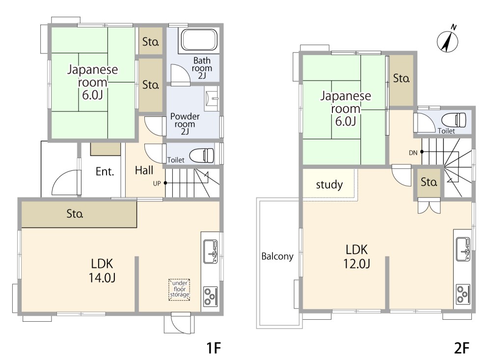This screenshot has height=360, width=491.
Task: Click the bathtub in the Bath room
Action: pyautogui.click(x=199, y=40)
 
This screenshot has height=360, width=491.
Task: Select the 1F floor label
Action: pyautogui.click(x=214, y=348)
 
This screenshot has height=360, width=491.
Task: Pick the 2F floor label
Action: pyautogui.click(x=462, y=348)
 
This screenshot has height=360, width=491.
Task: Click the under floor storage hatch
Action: pyautogui.click(x=179, y=289)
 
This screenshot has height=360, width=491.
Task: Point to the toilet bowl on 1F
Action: pyautogui.click(x=202, y=155)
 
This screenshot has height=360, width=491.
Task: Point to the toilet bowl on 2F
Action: pyautogui.click(x=454, y=120)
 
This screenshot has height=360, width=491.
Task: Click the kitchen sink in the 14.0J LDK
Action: pyautogui.click(x=211, y=251)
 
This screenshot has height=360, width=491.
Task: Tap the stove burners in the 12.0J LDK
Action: pyautogui.click(x=463, y=294)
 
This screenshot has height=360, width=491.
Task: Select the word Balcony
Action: pyautogui.click(x=277, y=256)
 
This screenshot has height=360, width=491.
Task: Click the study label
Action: pyautogui.click(x=329, y=185)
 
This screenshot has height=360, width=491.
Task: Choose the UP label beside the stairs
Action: pyautogui.click(x=157, y=184)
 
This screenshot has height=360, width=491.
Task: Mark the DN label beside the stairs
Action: pyautogui.click(x=413, y=153)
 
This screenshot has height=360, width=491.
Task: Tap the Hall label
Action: pyautogui.click(x=144, y=170)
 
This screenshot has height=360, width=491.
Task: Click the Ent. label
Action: pyautogui.click(x=105, y=172)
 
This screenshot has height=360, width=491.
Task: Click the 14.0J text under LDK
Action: pyautogui.click(x=103, y=277)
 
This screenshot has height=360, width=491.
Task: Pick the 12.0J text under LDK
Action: pyautogui.click(x=356, y=264)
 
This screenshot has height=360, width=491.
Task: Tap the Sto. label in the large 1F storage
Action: pyautogui.click(x=75, y=214)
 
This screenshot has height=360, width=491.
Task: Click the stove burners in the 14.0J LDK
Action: pyautogui.click(x=211, y=296)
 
